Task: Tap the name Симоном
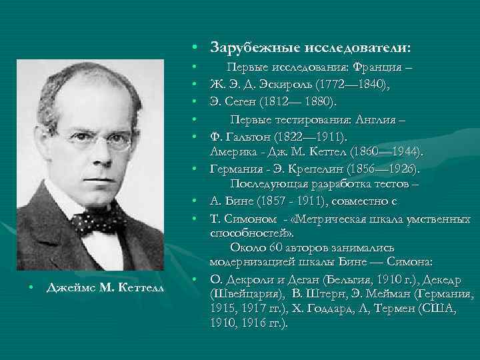pyautogui.click(x=249, y=218)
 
